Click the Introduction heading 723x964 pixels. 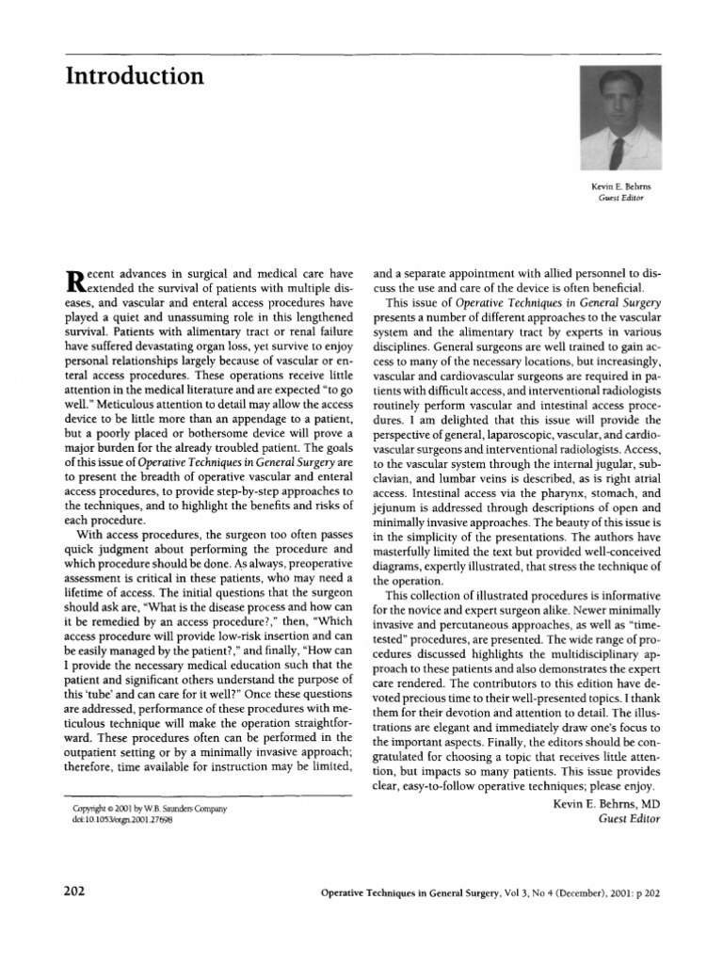click(134, 75)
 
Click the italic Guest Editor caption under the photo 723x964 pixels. click(620, 200)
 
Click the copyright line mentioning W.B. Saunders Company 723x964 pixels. click(149, 809)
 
